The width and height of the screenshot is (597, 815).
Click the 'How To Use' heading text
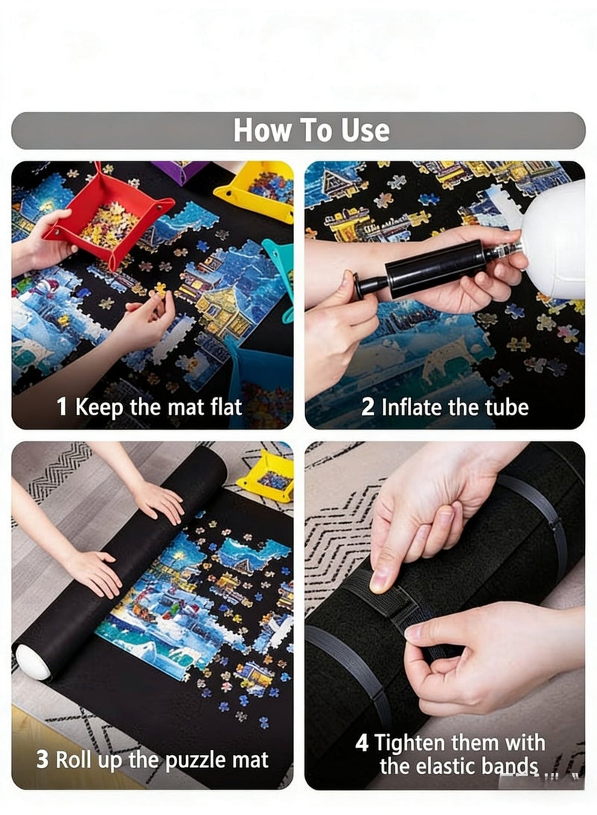click(x=311, y=131)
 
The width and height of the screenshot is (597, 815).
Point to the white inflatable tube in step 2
click(x=556, y=239)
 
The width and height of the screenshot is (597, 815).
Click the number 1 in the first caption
click(x=62, y=408)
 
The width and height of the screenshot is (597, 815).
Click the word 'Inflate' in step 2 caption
click(x=412, y=407)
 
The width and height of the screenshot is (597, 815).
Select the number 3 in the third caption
click(x=43, y=760)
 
